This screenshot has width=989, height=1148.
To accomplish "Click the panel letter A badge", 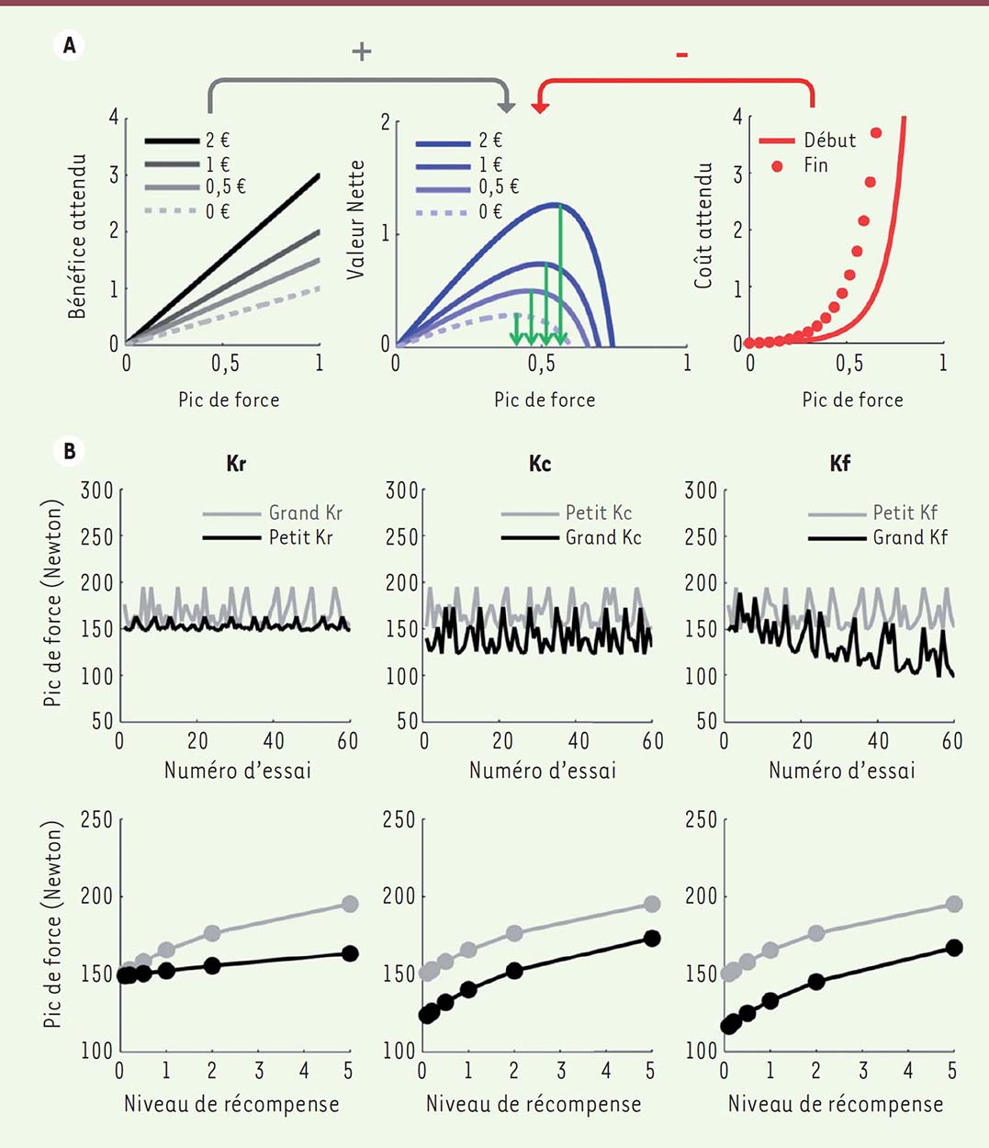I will pos(69,43).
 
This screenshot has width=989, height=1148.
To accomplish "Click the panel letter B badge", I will pos(69,451).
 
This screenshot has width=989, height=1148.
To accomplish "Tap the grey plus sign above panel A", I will pos(362,51).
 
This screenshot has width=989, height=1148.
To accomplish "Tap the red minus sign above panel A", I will pos(681,56).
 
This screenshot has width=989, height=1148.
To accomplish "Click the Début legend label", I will pos(829,141).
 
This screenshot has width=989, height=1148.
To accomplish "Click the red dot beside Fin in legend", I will pos(778,166).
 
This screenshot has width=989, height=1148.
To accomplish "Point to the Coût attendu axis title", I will pos(703,226).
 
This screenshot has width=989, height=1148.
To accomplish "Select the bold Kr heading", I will pos(236,464).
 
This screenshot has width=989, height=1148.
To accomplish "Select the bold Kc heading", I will pos(540,464).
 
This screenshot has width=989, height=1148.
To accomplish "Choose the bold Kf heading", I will pos(839,464).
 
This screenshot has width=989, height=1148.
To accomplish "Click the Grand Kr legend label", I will pos(305,512).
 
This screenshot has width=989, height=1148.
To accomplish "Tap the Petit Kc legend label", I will pos(599,512).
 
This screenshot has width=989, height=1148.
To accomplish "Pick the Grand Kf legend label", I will pos(909,537).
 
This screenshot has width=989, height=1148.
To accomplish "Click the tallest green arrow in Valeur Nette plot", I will pos(560,276).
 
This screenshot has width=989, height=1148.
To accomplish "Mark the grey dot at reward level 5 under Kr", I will pos(350,904).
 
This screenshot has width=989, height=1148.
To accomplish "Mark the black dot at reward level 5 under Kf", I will pos(954,948).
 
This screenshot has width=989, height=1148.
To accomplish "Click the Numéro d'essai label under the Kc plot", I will pos(542,770).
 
